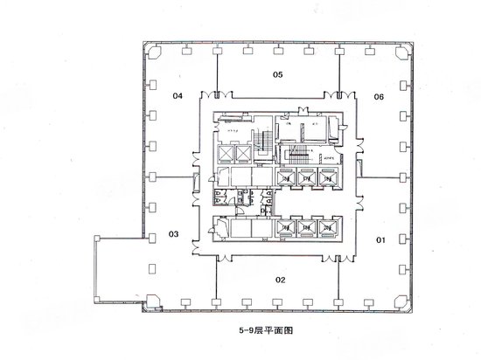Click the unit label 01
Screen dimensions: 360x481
pos(380,239)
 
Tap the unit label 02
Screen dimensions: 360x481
pos(281,280)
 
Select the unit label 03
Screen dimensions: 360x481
pos(174,233)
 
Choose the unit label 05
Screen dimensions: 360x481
pos(277,75)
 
